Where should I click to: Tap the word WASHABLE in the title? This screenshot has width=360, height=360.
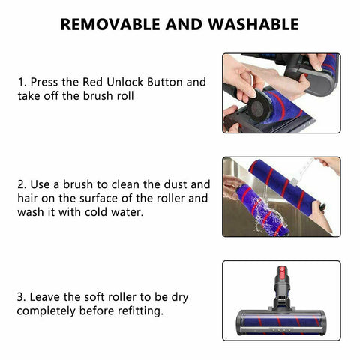[x=254, y=24]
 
